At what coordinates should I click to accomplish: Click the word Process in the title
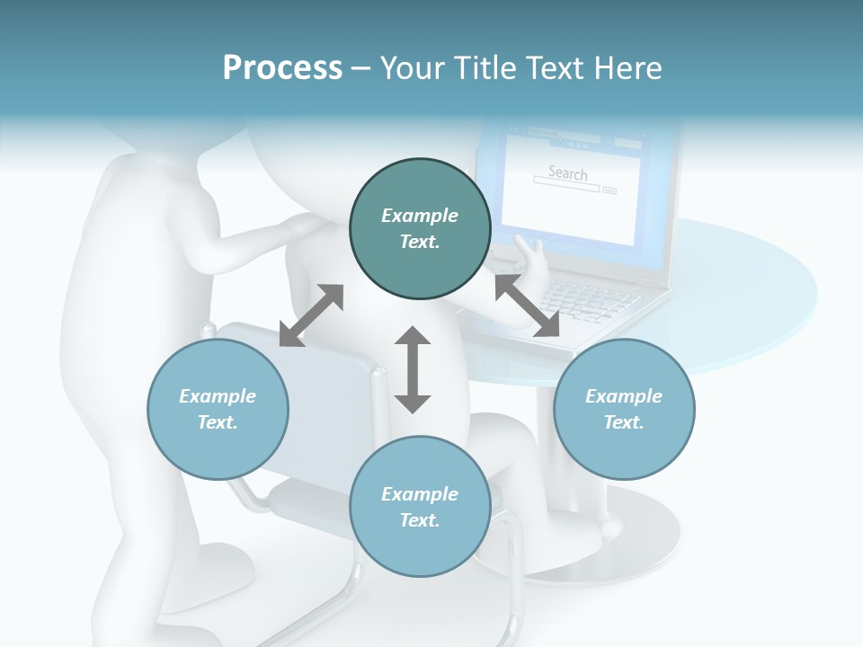[x=282, y=68]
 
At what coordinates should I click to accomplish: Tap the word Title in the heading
[x=484, y=68]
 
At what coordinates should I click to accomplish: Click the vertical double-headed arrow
[x=413, y=369]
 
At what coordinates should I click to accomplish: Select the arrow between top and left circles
[x=311, y=315]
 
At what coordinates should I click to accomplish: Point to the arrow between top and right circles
[x=527, y=306]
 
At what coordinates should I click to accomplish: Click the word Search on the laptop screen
[x=567, y=173]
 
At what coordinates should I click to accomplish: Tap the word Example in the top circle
[x=420, y=216]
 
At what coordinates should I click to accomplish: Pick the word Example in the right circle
[x=624, y=396]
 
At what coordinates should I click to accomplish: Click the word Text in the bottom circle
[x=420, y=520]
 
